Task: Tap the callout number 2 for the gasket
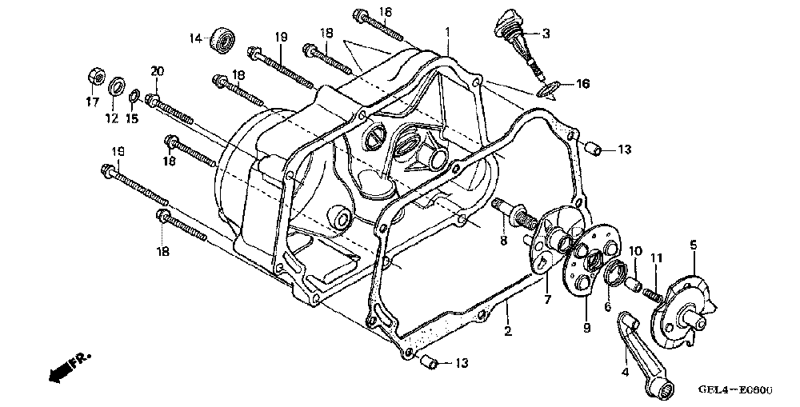[506, 329]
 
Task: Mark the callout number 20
[156, 70]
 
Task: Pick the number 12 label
[111, 118]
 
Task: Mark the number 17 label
[90, 102]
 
